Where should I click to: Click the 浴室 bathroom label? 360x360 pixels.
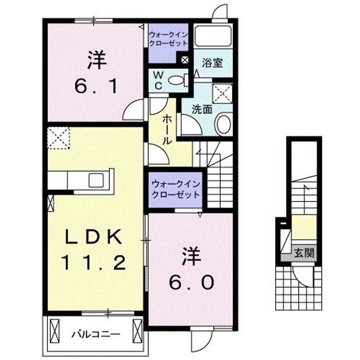point(212,63)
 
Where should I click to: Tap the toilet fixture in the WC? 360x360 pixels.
point(177,79)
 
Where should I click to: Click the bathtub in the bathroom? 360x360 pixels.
point(212,35)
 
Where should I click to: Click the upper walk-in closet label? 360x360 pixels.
point(168,38)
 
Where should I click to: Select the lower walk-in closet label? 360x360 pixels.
point(175,189)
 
